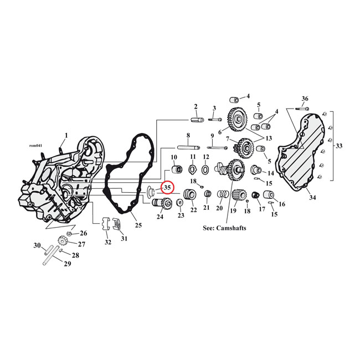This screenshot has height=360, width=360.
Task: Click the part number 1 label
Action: click(x=66, y=135)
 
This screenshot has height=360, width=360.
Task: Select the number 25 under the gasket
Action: click(x=138, y=225)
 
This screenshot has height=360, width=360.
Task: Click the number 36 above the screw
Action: click(x=305, y=99)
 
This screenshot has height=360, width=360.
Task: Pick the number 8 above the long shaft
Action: click(x=188, y=135)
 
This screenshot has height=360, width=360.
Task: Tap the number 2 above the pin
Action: click(x=196, y=106)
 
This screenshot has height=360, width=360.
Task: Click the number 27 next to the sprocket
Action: click(x=81, y=244)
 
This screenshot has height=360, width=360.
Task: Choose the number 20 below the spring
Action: click(x=219, y=209)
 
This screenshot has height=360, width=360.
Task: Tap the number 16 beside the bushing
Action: click(x=282, y=204)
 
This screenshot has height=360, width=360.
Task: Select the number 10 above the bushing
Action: click(x=173, y=157)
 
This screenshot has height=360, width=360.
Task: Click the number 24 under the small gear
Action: click(x=160, y=217)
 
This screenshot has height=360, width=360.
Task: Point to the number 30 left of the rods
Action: click(x=37, y=245)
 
